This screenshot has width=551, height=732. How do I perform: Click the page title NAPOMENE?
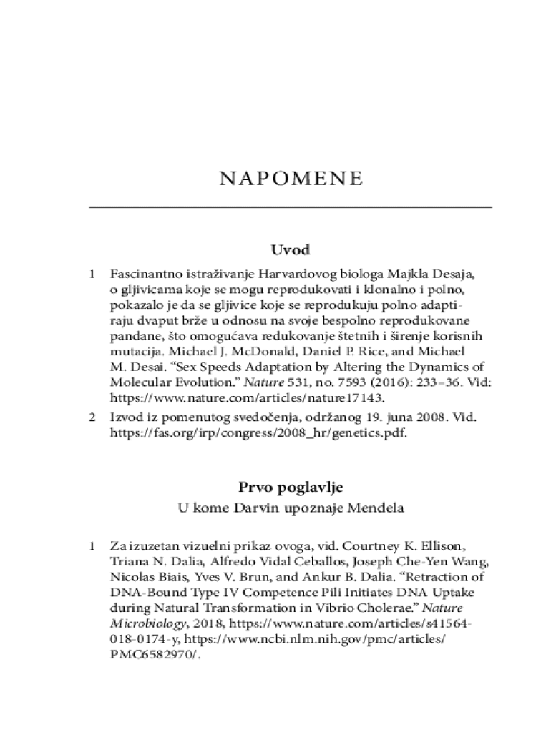[290, 178]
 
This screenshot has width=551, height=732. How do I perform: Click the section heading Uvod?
[290, 250]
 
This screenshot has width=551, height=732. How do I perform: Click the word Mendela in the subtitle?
[376, 509]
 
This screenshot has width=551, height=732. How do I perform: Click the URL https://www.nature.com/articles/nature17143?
[247, 398]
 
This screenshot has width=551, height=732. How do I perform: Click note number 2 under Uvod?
[92, 417]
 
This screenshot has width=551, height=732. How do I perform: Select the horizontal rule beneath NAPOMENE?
[290, 207]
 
